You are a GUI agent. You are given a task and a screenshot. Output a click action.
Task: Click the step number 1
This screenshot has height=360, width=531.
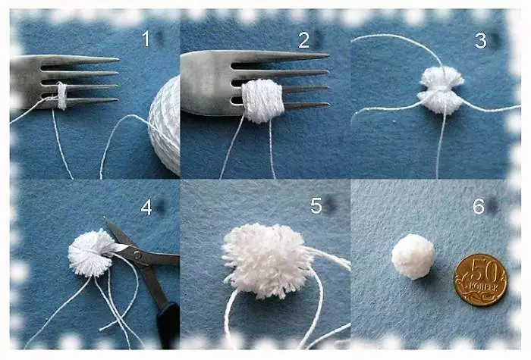(x=146, y=39)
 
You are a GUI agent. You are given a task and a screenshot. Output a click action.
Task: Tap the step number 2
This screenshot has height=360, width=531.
(x=303, y=41)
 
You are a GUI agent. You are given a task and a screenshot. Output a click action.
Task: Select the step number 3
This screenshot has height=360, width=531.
(x=480, y=41)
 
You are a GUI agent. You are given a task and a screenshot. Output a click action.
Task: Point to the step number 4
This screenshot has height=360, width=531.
(x=146, y=208)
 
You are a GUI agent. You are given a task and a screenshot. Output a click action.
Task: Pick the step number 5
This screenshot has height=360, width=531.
(x=316, y=205)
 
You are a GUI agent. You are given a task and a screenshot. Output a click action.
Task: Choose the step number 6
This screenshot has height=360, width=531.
(x=479, y=205)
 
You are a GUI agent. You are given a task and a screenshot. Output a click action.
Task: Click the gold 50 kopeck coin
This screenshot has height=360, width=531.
(x=480, y=280)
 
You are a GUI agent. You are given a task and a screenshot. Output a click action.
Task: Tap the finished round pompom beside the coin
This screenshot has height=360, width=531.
(x=413, y=256)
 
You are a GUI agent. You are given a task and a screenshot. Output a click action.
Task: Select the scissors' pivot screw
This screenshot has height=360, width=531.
(x=137, y=255)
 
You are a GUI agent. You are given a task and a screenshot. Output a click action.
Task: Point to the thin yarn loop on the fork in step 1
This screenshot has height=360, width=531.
(x=61, y=95)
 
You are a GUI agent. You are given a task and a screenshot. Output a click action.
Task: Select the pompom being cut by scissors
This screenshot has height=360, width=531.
(x=90, y=252)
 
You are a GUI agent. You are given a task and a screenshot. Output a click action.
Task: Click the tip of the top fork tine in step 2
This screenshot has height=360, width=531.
(x=328, y=55)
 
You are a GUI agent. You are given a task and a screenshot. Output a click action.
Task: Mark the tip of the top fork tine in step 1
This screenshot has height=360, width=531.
(x=118, y=60)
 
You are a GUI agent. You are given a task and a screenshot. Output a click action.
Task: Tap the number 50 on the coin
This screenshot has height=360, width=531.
(x=484, y=272)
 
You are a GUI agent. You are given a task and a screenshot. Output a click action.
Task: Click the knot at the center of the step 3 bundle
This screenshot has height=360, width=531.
(x=441, y=89)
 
